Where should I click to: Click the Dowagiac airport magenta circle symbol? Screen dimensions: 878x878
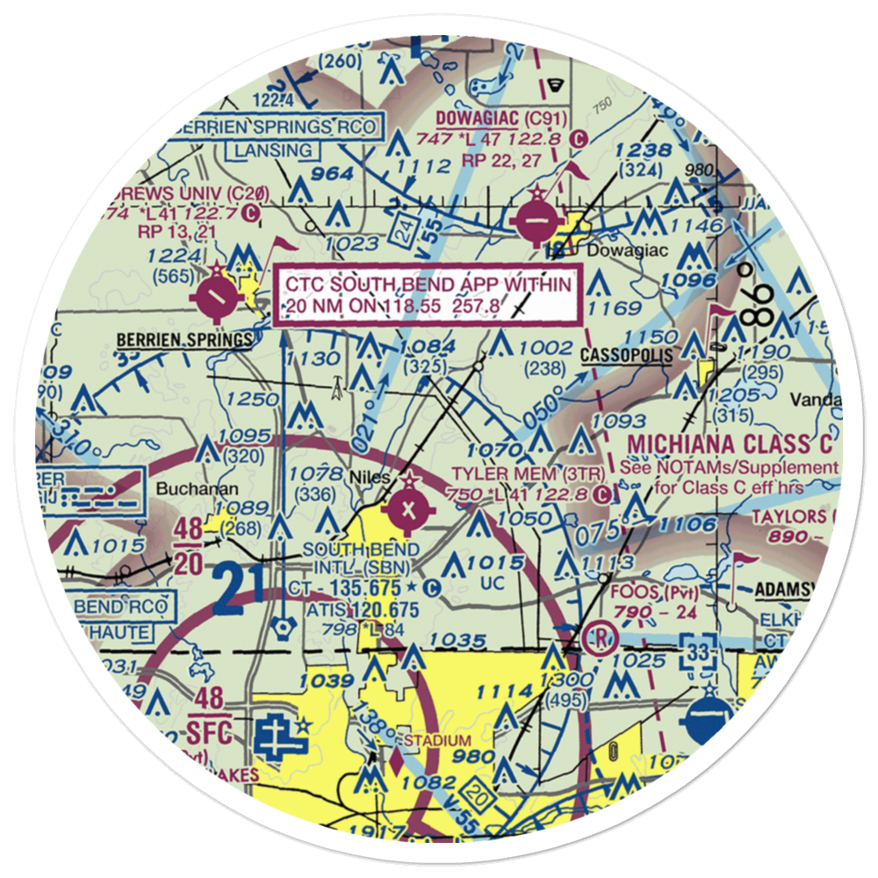click(535, 222)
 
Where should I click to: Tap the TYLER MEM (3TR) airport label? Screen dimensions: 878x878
click(528, 474)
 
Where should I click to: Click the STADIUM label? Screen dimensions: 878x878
click(436, 742)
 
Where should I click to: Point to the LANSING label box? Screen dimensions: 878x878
click(272, 150)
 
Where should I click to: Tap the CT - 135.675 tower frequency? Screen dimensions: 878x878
click(353, 587)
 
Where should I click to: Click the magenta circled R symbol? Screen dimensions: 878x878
click(601, 635)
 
